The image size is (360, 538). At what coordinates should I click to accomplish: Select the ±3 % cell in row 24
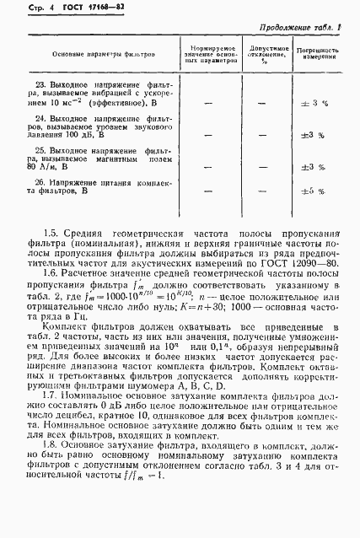[313, 134]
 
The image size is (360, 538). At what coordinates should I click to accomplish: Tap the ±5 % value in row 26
[313, 191]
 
